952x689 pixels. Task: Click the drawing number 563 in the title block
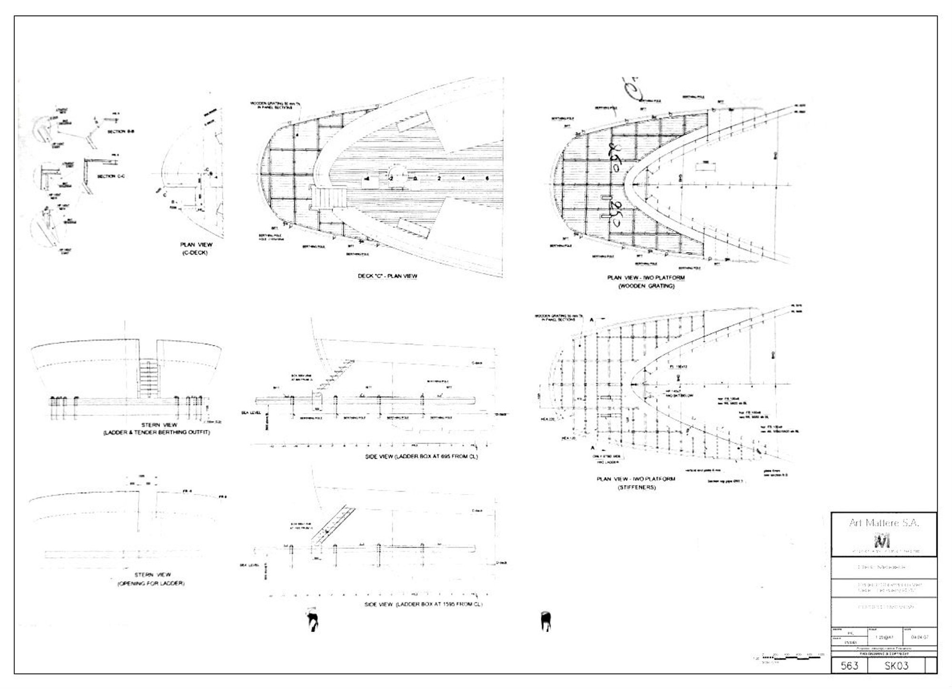coord(849,665)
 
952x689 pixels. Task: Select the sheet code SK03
coord(896,665)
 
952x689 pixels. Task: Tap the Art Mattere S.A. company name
coord(884,523)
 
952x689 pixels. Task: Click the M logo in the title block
coord(883,542)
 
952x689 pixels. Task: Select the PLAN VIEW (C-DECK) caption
coord(196,248)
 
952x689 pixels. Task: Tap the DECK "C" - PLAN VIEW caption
coord(387,276)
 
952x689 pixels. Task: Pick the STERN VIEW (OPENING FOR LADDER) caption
coord(150,579)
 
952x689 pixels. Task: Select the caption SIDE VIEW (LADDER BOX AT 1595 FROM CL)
coord(423,604)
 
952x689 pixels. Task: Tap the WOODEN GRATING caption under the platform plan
coord(646,286)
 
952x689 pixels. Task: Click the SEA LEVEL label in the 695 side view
coord(255,413)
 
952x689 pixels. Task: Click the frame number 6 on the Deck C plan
coord(487,178)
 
